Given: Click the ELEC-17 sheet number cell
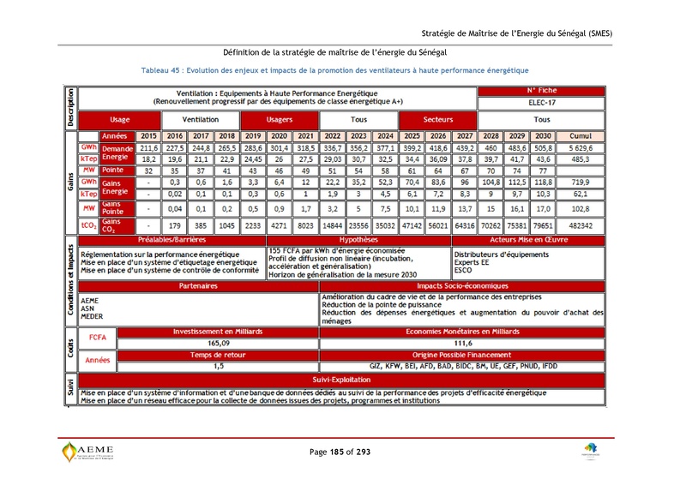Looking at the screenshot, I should [x=541, y=102].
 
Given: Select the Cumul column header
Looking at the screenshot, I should [x=581, y=136].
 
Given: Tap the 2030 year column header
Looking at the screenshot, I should [x=541, y=136].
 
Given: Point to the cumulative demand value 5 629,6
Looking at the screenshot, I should [x=581, y=147].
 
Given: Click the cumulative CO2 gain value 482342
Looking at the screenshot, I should [x=581, y=225].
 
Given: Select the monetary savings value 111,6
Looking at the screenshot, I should [x=462, y=343].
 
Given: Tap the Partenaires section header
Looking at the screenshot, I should [x=197, y=286].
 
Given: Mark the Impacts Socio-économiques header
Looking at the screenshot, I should [x=462, y=286].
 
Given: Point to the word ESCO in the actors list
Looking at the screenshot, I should [x=463, y=270].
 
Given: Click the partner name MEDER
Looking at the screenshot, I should [x=92, y=316].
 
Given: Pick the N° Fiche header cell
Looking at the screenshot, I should [x=541, y=90].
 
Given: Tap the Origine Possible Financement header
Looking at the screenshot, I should [x=462, y=354].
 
